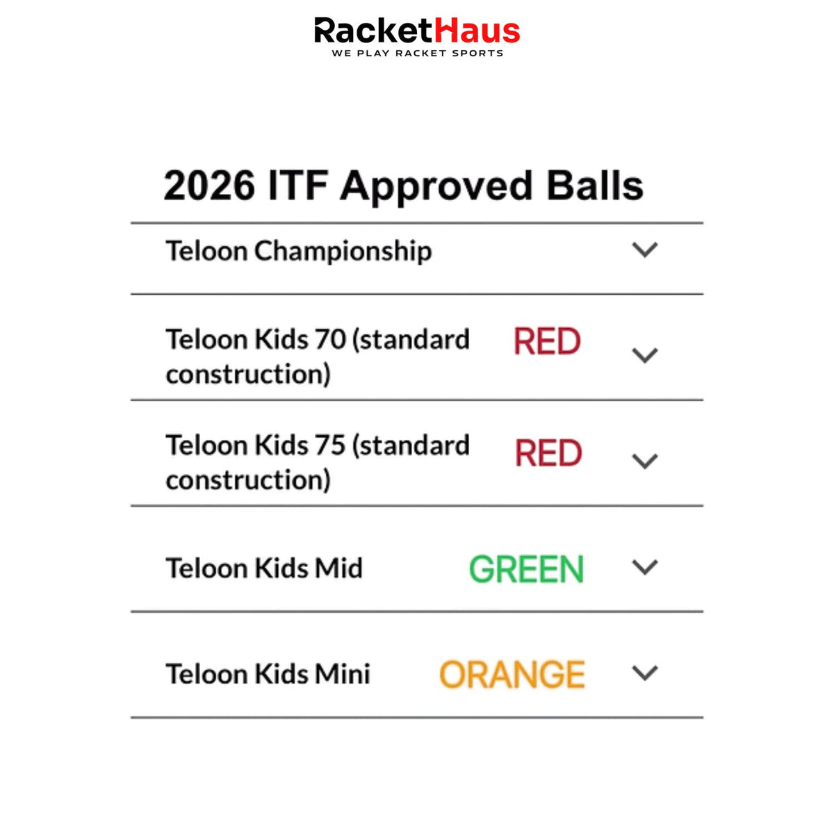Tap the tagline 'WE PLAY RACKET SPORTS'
pos(418,54)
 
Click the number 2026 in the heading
pos(209,186)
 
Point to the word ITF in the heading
pos(298,186)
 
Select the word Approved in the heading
pos(436,188)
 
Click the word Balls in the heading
pos(595,185)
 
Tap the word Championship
pos(343,252)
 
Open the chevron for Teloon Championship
pos(645,250)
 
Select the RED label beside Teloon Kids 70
pos(547,341)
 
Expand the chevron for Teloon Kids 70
pos(645,355)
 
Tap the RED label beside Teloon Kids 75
pos(548,452)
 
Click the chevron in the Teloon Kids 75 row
pos(645,461)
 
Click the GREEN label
pos(527,569)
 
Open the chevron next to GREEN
pos(645,567)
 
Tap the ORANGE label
pos(512,674)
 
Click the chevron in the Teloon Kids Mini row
pos(645,673)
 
